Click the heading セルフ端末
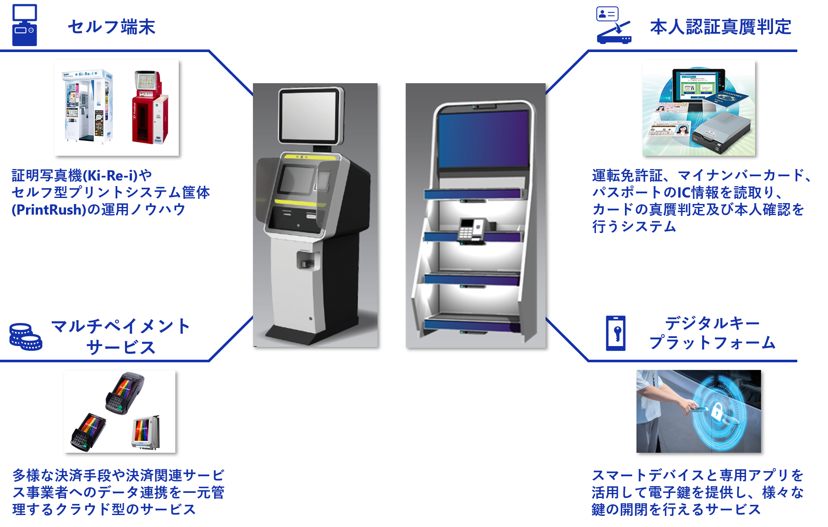click(x=111, y=27)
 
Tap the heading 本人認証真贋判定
click(x=721, y=27)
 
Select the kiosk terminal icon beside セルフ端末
click(x=24, y=25)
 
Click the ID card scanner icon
click(x=613, y=26)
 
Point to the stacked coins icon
click(x=26, y=337)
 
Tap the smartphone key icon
click(x=616, y=333)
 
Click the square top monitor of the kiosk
click(x=311, y=116)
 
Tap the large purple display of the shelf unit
click(x=483, y=139)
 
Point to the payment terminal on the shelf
click(x=473, y=230)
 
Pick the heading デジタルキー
click(x=712, y=323)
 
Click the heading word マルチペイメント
click(x=121, y=326)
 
